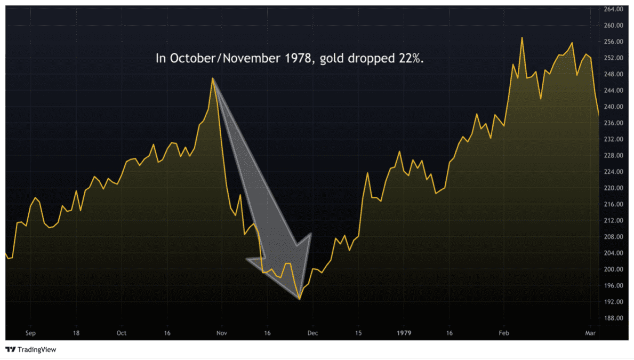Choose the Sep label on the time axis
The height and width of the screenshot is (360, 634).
(x=30, y=333)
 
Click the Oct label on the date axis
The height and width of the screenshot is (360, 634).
(x=122, y=333)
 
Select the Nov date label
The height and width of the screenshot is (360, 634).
(x=222, y=333)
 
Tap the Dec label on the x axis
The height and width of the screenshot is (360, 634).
(x=312, y=333)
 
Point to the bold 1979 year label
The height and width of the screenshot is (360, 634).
(x=404, y=333)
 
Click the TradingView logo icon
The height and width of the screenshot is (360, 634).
(x=10, y=350)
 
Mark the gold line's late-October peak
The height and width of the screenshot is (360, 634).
(x=213, y=78)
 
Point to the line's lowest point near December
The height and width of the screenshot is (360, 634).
(x=300, y=299)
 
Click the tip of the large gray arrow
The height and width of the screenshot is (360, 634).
(x=300, y=299)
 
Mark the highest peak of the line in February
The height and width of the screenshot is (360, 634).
(x=521, y=37)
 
